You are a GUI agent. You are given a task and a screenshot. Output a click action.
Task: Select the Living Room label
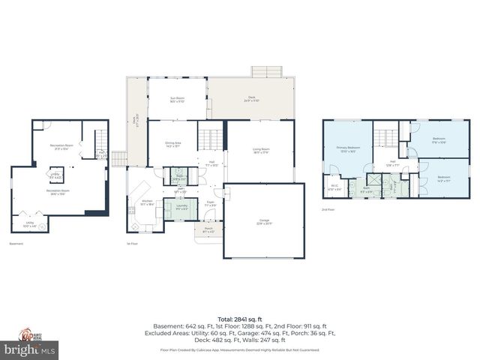tap(260, 150)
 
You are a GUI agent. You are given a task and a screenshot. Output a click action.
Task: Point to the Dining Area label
tap(171, 145)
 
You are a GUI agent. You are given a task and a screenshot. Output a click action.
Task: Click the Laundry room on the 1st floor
tap(181, 206)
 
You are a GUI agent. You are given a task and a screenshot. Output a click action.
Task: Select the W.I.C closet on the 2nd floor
tap(335, 187)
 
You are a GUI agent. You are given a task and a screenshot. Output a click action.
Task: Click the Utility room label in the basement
tap(29, 223)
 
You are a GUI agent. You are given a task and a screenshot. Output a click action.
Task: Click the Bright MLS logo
tap(29, 349)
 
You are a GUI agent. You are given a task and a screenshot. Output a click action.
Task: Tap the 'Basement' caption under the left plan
tap(16, 244)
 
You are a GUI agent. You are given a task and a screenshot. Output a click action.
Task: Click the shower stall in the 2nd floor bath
tap(373, 184)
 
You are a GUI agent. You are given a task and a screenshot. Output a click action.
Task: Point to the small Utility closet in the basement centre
tap(55, 175)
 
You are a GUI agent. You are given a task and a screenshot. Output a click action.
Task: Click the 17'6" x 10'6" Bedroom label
tap(439, 140)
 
